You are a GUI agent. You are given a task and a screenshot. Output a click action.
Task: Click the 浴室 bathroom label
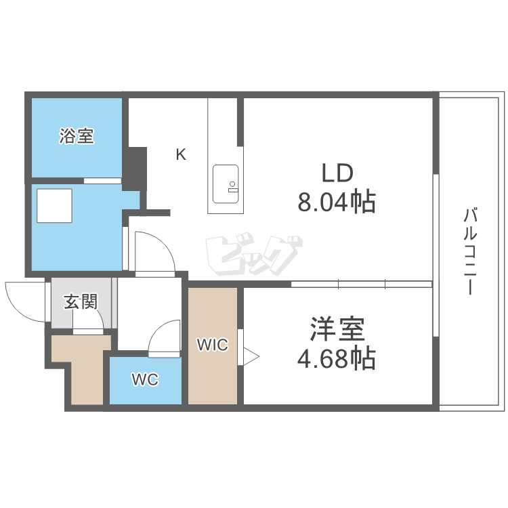point(76,136)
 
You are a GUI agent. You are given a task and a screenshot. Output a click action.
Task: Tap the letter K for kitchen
point(181,155)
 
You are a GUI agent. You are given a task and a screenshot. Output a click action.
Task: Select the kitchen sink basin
point(226,183)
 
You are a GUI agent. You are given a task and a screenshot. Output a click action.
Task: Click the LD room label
point(337,173)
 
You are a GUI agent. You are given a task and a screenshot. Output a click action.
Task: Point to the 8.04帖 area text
point(337,201)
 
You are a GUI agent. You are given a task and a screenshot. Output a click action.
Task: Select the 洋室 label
point(337,330)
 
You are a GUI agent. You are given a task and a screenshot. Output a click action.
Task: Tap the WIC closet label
point(213,345)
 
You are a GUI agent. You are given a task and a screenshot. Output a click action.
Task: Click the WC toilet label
point(145,380)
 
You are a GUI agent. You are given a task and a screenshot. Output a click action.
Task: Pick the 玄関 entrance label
point(81,301)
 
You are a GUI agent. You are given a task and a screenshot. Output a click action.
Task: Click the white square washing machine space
point(54,206)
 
